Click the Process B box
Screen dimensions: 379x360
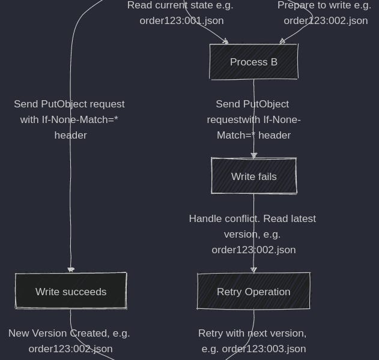pos(253,62)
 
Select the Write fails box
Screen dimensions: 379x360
pos(253,176)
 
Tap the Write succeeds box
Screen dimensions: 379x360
pos(71,292)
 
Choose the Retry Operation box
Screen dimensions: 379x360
pos(253,292)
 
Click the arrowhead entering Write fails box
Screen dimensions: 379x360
pos(253,155)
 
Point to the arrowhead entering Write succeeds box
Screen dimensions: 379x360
pos(71,270)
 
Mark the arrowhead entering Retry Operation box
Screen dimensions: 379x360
pos(253,270)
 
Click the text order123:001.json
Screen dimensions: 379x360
pos(181,20)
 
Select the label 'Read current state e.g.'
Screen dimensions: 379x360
pos(180,5)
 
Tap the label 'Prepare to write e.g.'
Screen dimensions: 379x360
pos(324,5)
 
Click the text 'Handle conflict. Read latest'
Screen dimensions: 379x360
pos(252,218)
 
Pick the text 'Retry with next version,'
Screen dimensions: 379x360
pos(252,333)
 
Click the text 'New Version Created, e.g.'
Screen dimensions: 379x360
pos(69,333)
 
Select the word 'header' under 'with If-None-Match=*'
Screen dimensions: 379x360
pos(70,135)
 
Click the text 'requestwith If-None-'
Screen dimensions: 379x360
pos(253,119)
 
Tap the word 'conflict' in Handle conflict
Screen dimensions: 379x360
pos(241,218)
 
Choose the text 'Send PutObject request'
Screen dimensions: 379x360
pos(69,104)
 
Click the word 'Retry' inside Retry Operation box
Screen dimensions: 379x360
pos(229,292)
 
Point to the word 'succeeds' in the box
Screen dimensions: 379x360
pos(85,292)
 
